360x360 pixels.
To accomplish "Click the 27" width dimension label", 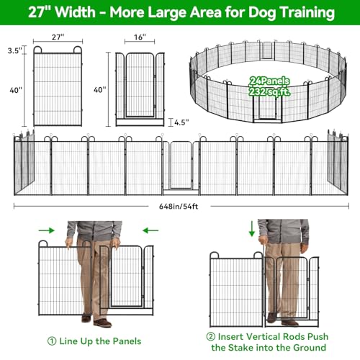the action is point(58,37).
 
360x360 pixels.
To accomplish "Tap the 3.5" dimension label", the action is point(15,50).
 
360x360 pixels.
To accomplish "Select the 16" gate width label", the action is point(140,37).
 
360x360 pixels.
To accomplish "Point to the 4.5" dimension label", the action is point(181,122).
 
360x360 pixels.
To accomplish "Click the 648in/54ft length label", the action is point(179,207).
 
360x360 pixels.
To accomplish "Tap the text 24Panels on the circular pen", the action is point(269,81).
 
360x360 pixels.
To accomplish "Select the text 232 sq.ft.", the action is point(269,91).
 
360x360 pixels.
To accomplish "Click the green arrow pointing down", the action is point(252,229).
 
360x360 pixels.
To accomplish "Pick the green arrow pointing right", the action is point(47,230).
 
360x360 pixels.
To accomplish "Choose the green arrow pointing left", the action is point(150,230).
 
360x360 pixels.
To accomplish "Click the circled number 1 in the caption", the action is point(52,341).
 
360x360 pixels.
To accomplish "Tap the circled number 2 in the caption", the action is point(211,336).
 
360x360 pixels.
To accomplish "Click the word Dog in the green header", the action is point(262,12).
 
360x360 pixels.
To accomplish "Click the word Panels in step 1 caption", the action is point(127,341).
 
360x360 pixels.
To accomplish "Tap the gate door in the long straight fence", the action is point(181,165).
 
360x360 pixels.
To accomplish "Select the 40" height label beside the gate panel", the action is point(100,90).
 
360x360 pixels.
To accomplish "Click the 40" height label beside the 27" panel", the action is point(16,90).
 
